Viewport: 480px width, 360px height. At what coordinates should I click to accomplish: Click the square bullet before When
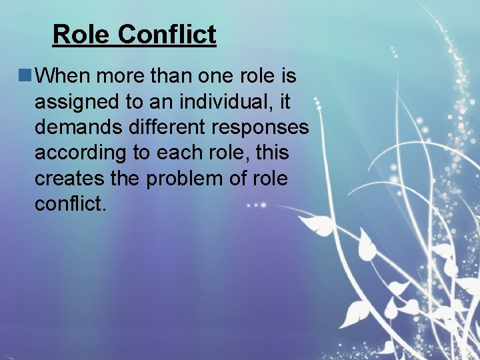[25, 76]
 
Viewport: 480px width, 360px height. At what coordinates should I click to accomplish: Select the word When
[63, 76]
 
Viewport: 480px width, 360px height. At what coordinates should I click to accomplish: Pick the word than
[168, 76]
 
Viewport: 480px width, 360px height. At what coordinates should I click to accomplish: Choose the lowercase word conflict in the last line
[70, 203]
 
